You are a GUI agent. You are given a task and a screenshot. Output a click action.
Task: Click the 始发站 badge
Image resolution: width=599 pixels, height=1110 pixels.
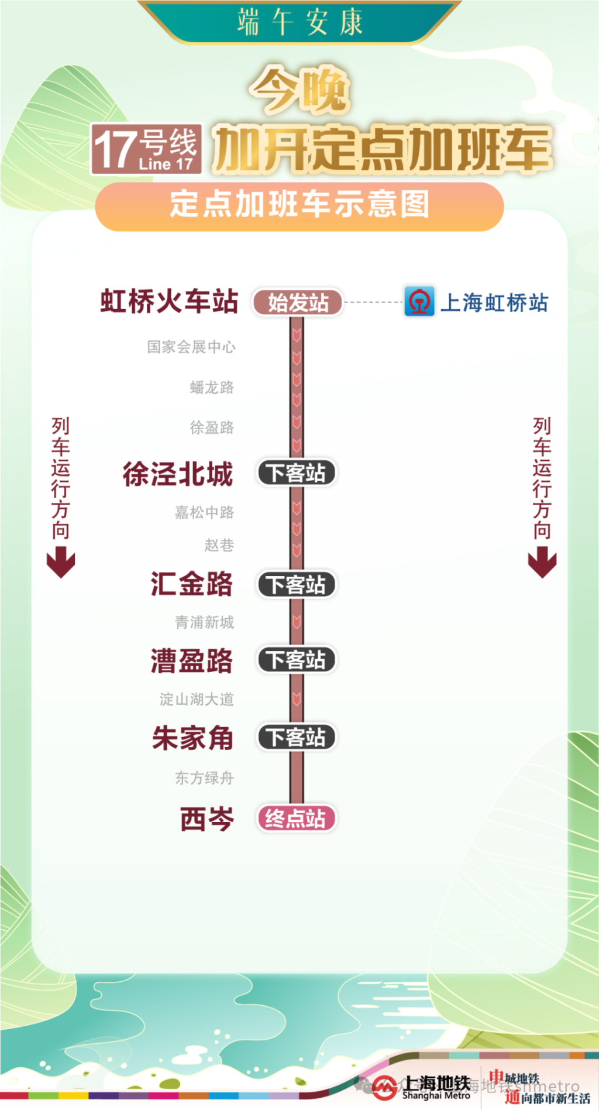[297, 303]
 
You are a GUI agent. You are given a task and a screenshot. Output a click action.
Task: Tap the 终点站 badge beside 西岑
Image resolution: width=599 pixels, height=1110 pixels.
[296, 818]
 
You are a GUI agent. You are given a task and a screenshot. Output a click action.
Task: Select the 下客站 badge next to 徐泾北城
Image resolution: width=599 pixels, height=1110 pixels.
[296, 472]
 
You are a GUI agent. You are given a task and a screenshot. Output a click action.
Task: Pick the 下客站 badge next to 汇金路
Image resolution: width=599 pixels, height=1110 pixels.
[296, 584]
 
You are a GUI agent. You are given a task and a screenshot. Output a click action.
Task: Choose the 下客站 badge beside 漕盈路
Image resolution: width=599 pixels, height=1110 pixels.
[296, 660]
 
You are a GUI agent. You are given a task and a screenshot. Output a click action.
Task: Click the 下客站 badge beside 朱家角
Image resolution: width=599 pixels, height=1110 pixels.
[296, 737]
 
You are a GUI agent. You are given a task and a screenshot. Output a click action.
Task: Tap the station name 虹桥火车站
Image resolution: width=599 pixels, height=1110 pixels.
[169, 302]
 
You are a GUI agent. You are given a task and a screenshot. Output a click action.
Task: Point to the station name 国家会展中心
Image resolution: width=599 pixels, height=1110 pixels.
[191, 347]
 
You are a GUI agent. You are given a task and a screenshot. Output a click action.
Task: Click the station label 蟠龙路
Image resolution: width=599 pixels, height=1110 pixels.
[212, 388]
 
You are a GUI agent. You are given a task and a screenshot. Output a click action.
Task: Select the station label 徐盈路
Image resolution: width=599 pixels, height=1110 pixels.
[212, 427]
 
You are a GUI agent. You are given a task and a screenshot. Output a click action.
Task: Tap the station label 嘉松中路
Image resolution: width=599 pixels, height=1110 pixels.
[204, 513]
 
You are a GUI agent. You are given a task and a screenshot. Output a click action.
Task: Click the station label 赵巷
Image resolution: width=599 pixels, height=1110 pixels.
[219, 546]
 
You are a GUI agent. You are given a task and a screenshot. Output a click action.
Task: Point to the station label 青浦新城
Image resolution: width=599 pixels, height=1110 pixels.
[204, 622]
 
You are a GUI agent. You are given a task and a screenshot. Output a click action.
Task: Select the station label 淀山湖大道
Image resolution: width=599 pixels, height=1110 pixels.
[197, 699]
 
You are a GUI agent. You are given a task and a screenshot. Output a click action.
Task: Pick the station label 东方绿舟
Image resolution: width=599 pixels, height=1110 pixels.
[204, 778]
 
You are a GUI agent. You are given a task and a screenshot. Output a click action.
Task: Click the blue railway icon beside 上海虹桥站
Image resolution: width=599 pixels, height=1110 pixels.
[419, 302]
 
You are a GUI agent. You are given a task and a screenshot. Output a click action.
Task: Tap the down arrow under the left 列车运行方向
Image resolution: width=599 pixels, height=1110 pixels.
[61, 562]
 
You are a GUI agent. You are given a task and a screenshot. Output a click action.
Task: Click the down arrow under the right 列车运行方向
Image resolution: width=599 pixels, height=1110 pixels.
[542, 562]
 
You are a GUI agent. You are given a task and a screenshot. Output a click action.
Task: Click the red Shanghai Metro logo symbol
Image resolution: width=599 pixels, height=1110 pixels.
[384, 1087]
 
